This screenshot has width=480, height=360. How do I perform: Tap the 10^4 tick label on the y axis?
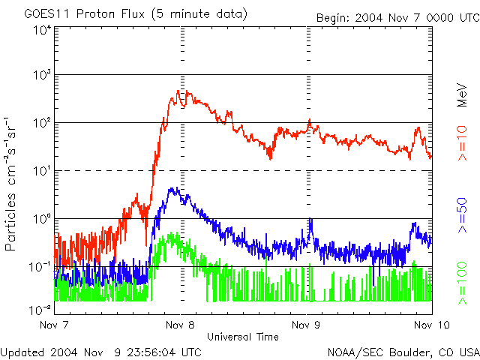pos(42,30)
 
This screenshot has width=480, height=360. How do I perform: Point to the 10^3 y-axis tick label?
pos(42,76)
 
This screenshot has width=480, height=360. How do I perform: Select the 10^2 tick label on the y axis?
pos(42,124)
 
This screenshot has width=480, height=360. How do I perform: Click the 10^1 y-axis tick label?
pos(42,171)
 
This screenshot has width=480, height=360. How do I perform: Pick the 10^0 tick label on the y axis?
pos(42,219)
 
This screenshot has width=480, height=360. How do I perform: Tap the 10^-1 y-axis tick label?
pos(40,267)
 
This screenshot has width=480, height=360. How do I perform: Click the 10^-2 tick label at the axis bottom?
pos(40,310)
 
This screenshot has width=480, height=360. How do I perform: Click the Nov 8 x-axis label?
pos(181,325)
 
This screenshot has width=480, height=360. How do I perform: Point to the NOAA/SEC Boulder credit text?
pos(403,351)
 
